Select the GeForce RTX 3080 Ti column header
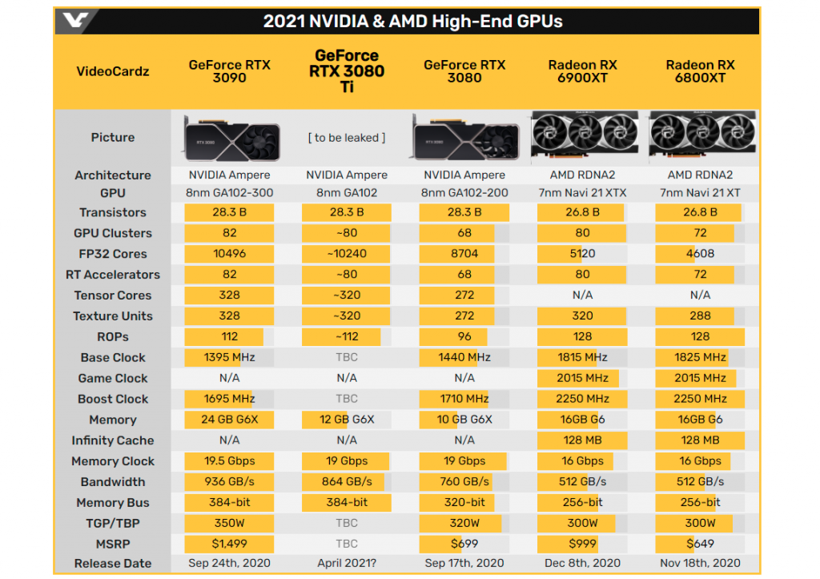tap(347, 71)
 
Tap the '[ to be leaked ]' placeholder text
tap(347, 138)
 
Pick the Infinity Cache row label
tap(113, 440)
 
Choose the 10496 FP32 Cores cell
tap(229, 254)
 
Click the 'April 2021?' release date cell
tap(347, 564)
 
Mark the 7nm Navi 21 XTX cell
tap(582, 193)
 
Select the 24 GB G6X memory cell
tap(229, 420)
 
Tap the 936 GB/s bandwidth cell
tap(229, 482)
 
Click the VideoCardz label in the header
tap(113, 71)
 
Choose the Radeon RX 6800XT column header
tap(700, 71)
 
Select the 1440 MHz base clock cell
tap(464, 357)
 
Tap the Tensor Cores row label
tap(113, 296)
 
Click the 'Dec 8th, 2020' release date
tap(582, 564)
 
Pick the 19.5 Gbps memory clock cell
tap(229, 461)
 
